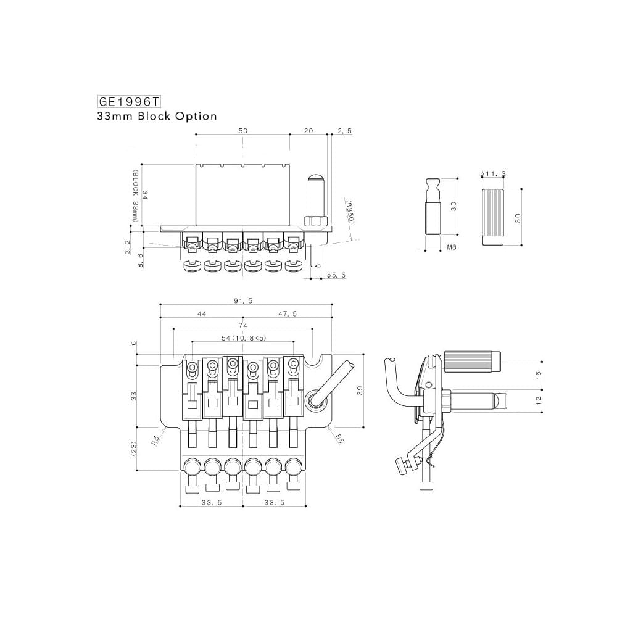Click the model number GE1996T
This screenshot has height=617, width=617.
tap(125, 101)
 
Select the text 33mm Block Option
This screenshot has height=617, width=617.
tap(157, 116)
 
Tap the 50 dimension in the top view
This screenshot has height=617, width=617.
tap(243, 131)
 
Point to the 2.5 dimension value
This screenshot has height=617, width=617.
tap(344, 131)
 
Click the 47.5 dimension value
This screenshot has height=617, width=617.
tap(288, 314)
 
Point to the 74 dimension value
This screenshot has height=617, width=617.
tap(242, 325)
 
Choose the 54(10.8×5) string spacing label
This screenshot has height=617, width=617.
tap(242, 338)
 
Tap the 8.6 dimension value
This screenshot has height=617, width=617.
tap(141, 260)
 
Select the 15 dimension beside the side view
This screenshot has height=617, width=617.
tap(538, 375)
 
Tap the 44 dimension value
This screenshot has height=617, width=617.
tap(202, 314)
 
